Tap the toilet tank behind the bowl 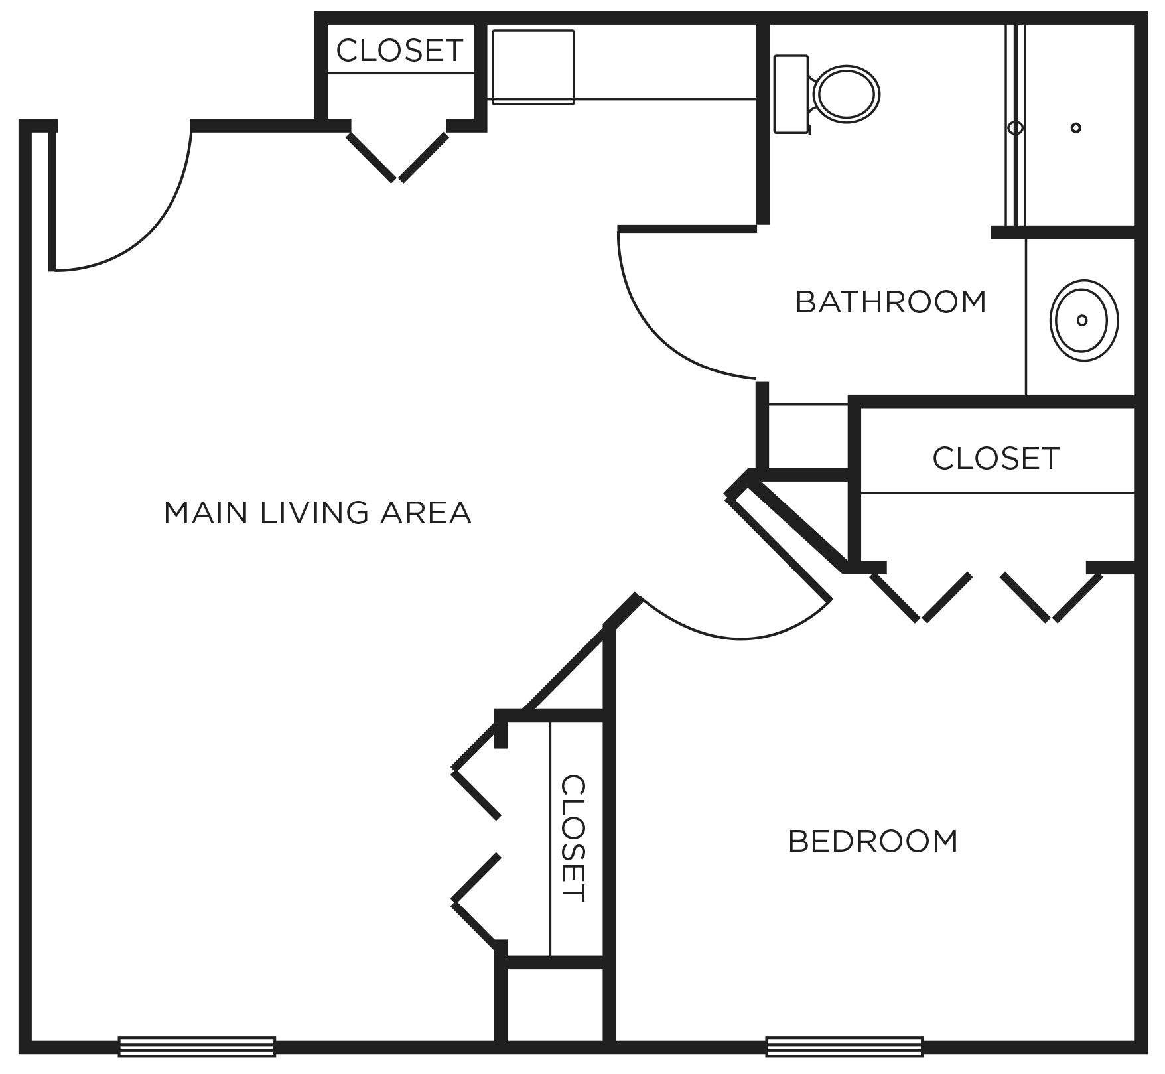tap(791, 94)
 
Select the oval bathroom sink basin tap(1083, 320)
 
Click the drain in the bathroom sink tap(1082, 320)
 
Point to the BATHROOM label tap(890, 302)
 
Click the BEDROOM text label tap(872, 842)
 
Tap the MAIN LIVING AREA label tap(317, 513)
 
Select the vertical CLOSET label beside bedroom tap(573, 839)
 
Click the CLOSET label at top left tap(399, 50)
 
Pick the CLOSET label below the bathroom tap(995, 458)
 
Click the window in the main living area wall tap(196, 1046)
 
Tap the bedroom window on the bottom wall tap(844, 1046)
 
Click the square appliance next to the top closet tap(533, 67)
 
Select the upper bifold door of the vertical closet tap(475, 772)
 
